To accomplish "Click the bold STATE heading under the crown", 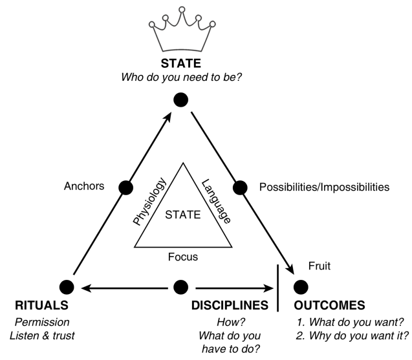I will tap(181, 65).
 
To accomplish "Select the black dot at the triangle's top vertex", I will tap(181, 100).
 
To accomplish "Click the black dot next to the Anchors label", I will tap(126, 187).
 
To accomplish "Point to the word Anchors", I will tap(84, 187).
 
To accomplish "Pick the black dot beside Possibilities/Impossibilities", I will tap(240, 187).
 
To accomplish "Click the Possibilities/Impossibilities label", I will tap(324, 187).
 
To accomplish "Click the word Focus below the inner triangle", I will tap(182, 257).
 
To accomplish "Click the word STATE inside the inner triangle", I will tap(182, 214).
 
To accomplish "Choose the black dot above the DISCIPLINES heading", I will tap(181, 285).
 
